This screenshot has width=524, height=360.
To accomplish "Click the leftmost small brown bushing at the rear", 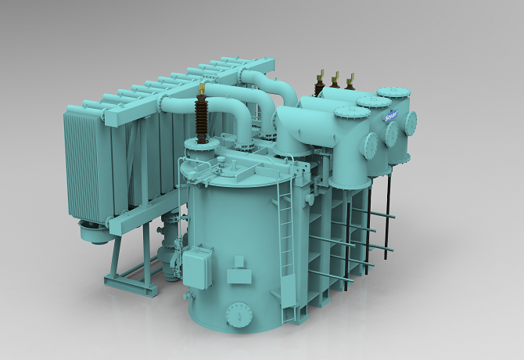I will (x=320, y=85).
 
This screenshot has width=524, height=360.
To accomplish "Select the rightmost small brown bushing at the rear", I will (x=350, y=81).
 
